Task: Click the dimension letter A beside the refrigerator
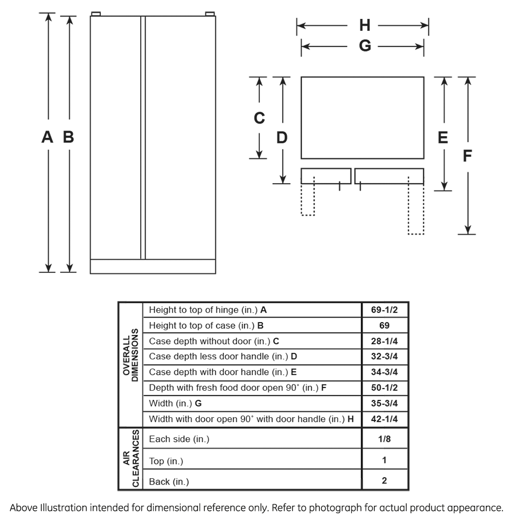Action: (47, 137)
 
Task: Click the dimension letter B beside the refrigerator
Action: (68, 137)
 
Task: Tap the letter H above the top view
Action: (365, 25)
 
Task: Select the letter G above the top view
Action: (365, 46)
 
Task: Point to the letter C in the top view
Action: (259, 118)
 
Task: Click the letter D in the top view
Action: (282, 137)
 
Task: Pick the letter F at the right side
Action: (468, 155)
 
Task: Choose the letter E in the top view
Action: (443, 137)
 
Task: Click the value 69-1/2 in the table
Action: (384, 310)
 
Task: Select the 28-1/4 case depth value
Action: (384, 341)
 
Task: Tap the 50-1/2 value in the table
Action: (384, 387)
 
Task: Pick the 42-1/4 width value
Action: (384, 419)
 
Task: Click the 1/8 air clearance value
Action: (384, 439)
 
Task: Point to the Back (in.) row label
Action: (169, 482)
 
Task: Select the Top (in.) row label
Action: (166, 461)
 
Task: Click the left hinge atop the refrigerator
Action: (96, 13)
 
